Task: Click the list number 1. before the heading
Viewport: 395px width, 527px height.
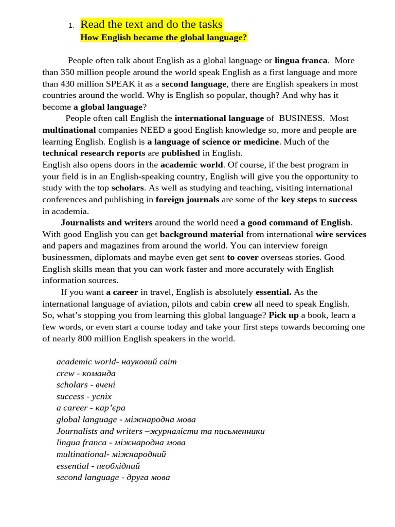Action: click(x=71, y=26)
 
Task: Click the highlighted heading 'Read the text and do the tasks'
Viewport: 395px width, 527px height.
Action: click(x=151, y=24)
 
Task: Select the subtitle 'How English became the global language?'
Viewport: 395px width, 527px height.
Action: click(x=164, y=38)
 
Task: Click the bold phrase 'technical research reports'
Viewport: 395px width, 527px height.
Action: click(x=94, y=153)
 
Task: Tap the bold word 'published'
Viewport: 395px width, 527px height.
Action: click(x=181, y=153)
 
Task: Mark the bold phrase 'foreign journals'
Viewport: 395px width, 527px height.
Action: click(x=187, y=200)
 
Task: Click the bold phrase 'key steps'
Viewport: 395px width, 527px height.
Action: click(x=299, y=200)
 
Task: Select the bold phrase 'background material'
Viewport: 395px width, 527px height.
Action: click(x=202, y=234)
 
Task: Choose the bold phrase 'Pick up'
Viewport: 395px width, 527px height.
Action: click(x=283, y=315)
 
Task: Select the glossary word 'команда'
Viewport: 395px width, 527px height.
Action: click(x=99, y=373)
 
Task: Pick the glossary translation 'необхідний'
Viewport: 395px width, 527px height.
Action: click(x=118, y=466)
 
